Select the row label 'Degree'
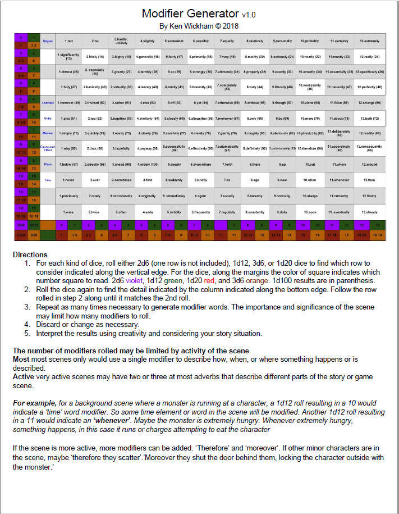pos(48,40)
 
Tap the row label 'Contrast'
pos(48,103)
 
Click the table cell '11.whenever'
pos(340,180)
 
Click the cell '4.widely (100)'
pos(147,164)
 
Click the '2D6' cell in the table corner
pos(21,224)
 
